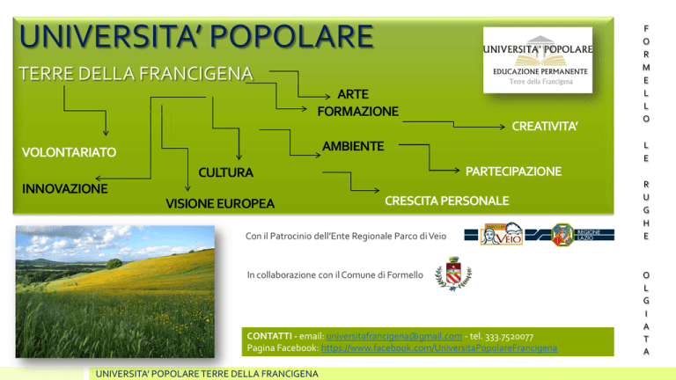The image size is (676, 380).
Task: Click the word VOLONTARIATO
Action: [x=69, y=152]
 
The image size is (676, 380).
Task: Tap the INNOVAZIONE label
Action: [x=65, y=189]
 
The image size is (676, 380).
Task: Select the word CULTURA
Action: [x=226, y=172]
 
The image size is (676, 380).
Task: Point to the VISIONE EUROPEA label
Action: [x=220, y=204]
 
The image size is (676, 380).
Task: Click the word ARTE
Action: [x=353, y=94]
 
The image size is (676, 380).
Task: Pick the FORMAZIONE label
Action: [x=358, y=112]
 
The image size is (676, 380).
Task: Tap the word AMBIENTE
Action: [x=353, y=147]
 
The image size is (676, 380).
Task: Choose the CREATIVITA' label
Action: [x=545, y=127]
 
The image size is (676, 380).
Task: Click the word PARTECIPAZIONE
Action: [x=513, y=172]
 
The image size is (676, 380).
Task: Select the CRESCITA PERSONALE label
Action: [x=447, y=201]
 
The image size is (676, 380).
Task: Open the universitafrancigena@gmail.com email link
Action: [x=394, y=336]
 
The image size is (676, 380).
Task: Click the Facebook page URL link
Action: [x=439, y=347]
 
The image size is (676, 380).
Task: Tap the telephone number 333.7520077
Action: [x=509, y=337]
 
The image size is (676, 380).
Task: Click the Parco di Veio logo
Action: [x=502, y=234]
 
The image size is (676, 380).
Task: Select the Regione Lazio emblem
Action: [x=562, y=235]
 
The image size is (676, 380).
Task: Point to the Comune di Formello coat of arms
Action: [x=453, y=274]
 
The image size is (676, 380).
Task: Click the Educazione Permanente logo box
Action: [x=538, y=61]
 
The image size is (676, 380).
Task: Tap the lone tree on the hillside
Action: [x=114, y=263]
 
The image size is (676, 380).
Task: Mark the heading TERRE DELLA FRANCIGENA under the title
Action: [x=136, y=74]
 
